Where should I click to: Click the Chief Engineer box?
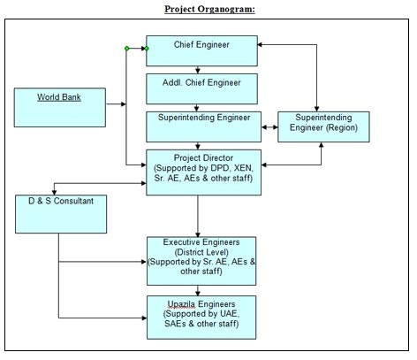pos(201,50)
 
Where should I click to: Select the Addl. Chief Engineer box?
pos(201,88)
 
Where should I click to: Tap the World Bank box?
pos(60,108)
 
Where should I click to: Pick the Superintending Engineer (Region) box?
pos(323,126)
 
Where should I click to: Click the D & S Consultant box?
pos(61,214)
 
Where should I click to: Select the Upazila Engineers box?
pos(201,318)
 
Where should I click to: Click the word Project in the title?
pos(179,9)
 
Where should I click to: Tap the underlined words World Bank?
pos(59,97)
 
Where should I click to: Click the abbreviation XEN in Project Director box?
pos(243,168)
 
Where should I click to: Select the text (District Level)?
pos(201,252)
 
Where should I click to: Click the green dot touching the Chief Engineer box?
pos(147,49)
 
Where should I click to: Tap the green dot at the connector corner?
pos(126,49)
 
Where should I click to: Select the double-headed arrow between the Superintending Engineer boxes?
pos(269,127)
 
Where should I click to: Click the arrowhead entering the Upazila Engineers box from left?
pos(144,318)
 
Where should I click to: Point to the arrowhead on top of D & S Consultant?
pos(54,193)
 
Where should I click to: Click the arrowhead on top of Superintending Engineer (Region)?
pos(317,109)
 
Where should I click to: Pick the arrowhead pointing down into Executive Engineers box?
pos(198,234)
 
